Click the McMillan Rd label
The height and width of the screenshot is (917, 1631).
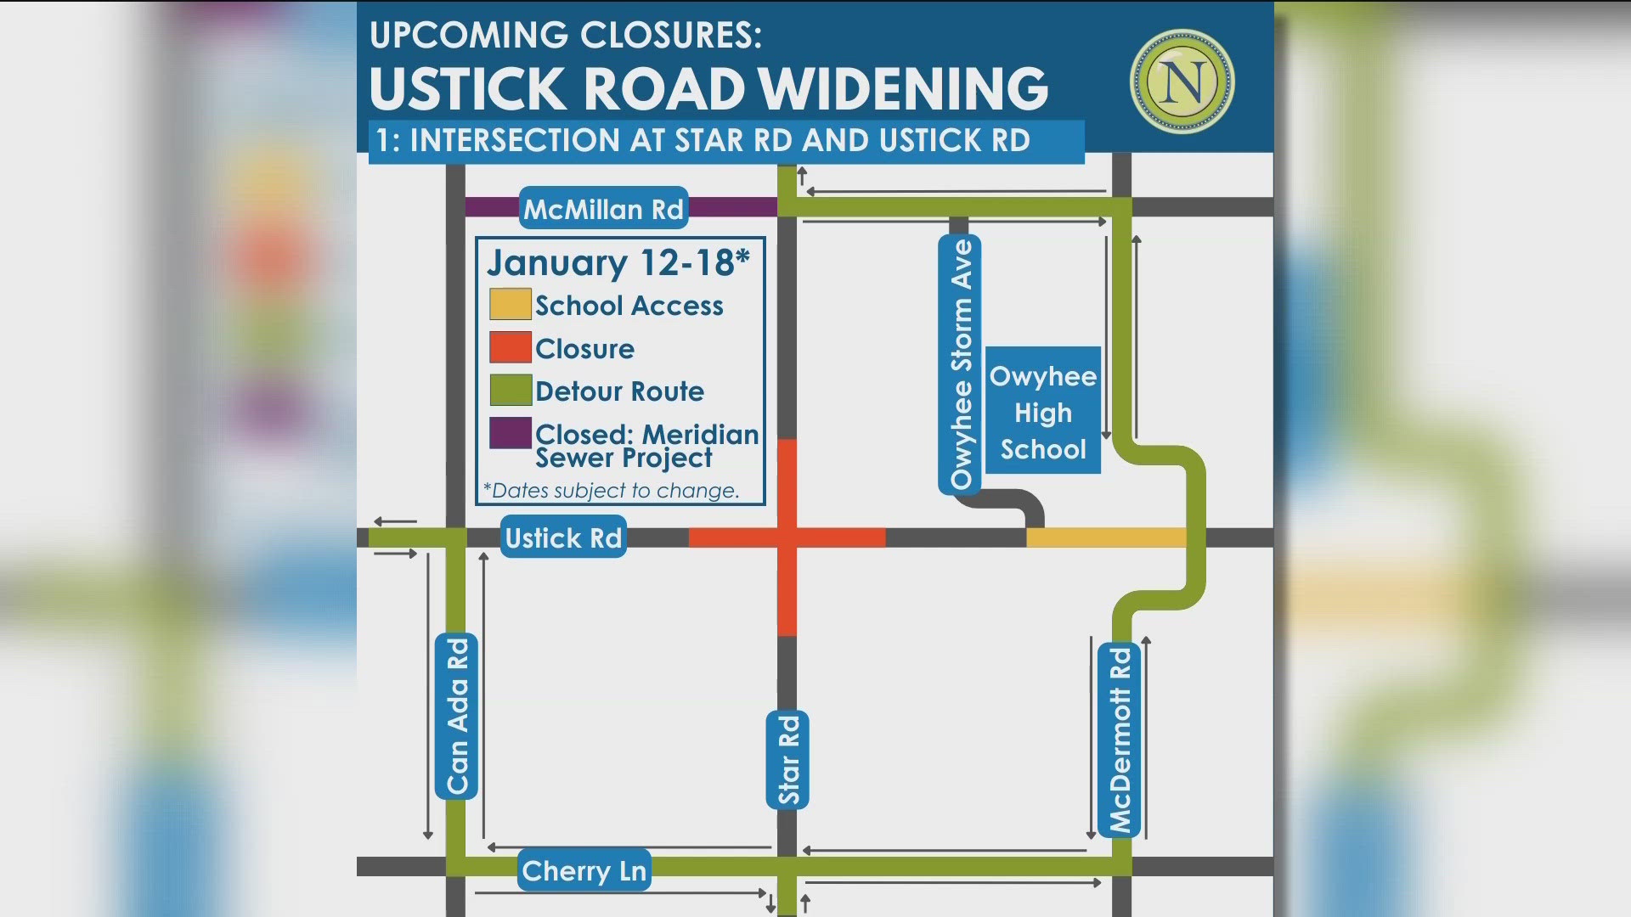point(603,208)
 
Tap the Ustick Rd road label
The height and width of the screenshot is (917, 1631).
point(563,537)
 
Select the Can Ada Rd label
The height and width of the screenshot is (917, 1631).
point(457,717)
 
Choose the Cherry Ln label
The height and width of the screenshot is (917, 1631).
point(584,870)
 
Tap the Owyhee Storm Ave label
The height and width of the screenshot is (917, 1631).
point(960,364)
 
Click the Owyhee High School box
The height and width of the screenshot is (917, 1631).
point(1042,412)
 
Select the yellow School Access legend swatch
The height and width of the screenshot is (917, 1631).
point(511,304)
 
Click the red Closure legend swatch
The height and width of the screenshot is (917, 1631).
point(511,347)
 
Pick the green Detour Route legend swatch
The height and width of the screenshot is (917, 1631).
point(511,391)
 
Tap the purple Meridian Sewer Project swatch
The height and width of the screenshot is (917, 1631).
point(511,433)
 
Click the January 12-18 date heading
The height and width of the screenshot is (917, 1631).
point(618,263)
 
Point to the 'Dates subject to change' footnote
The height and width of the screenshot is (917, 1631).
point(612,491)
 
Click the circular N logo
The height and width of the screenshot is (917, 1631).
point(1182,82)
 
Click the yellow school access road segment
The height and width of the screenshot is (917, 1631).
point(1106,537)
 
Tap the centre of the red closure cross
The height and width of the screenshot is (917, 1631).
point(787,537)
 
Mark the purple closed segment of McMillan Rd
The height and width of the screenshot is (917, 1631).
point(732,207)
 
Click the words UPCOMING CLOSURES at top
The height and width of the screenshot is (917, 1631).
point(566,36)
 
